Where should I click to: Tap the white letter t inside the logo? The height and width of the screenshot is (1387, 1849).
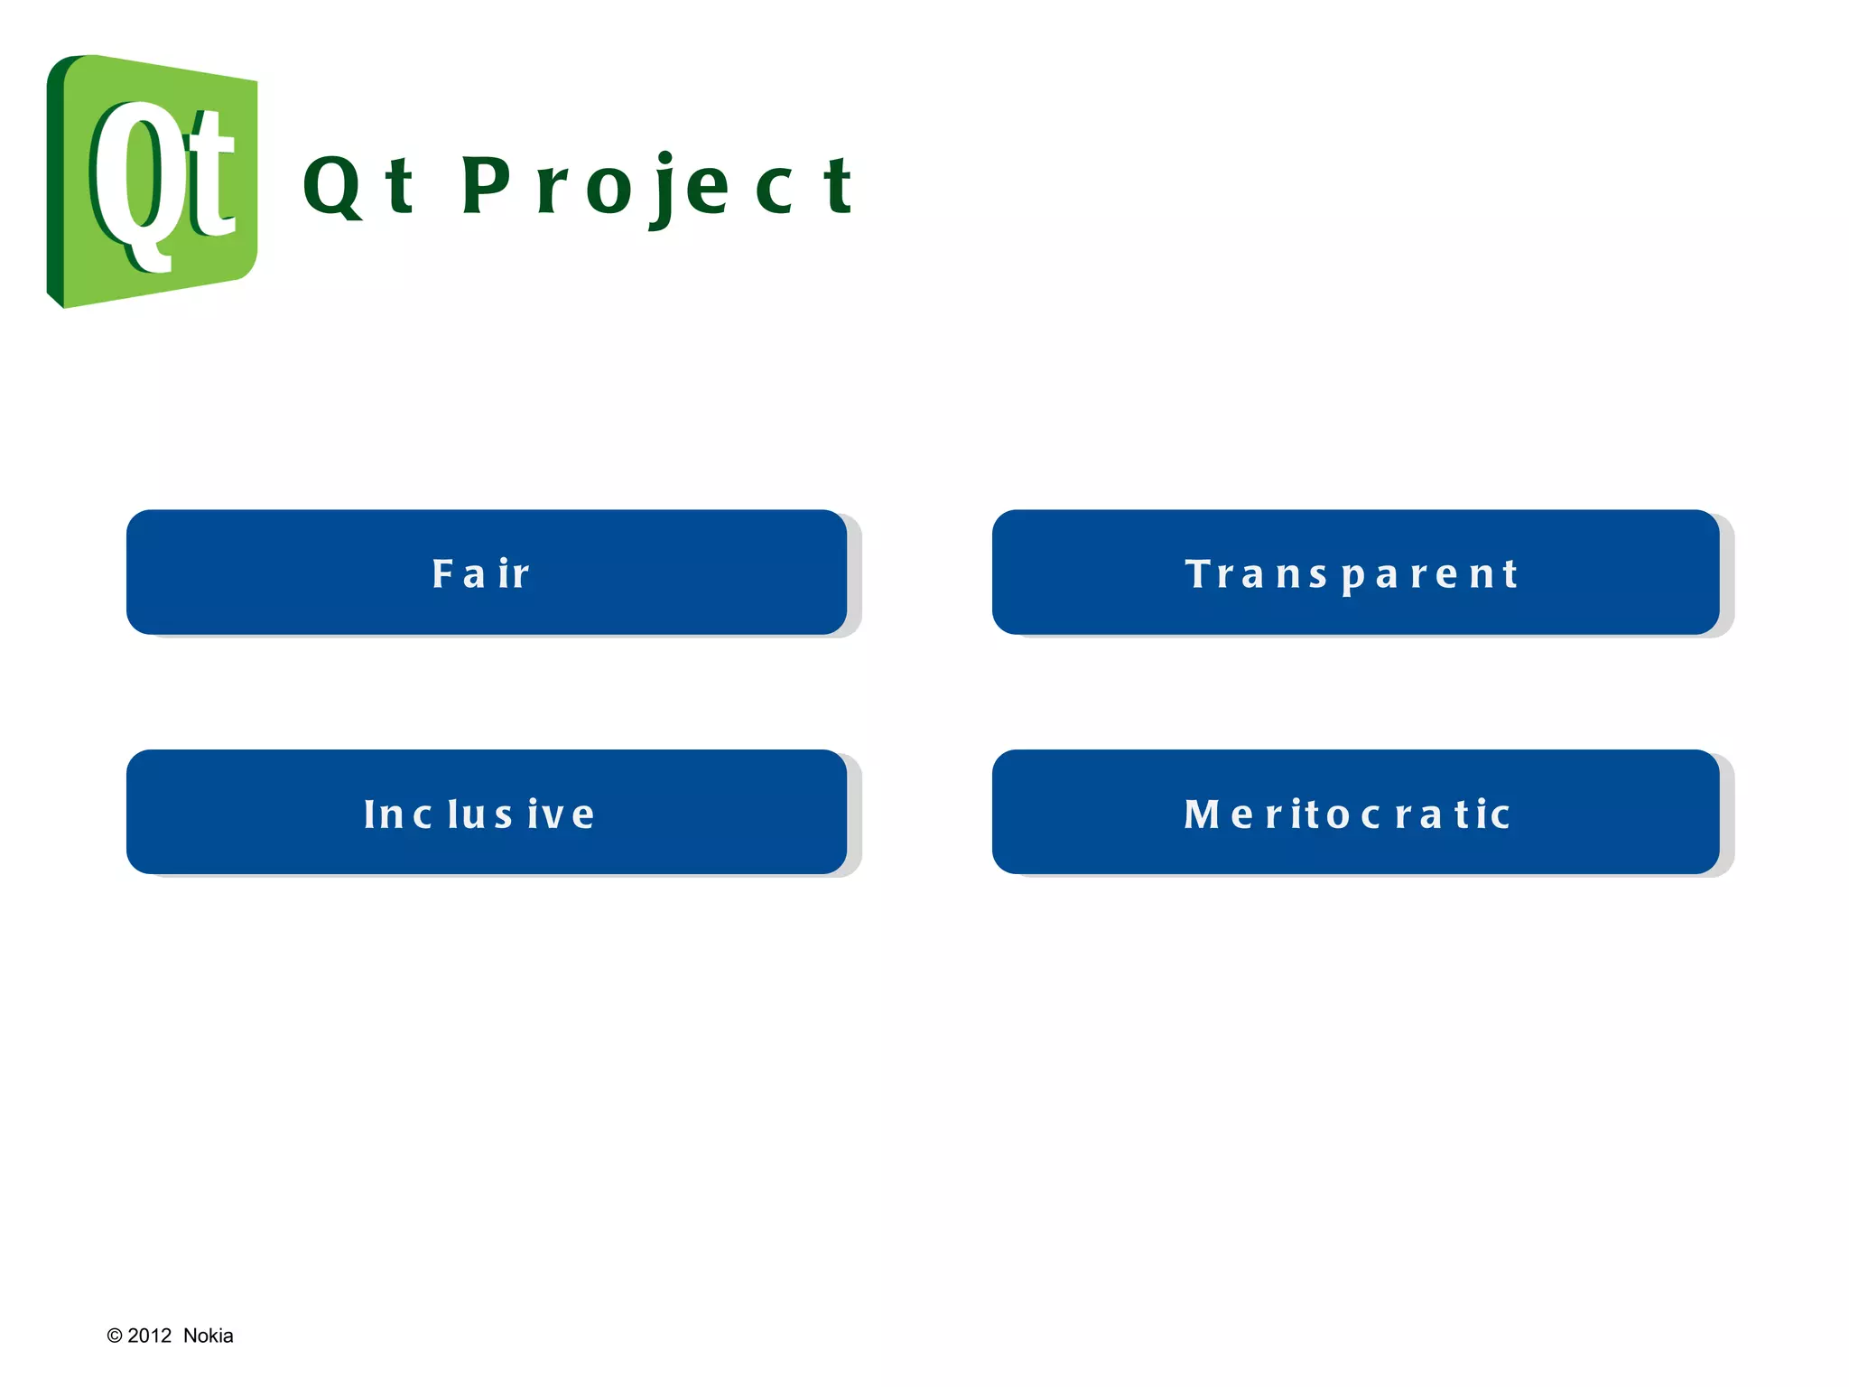[x=209, y=176]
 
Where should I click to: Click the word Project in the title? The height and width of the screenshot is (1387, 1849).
[x=657, y=187]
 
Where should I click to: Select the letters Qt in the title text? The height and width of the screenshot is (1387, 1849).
[x=359, y=187]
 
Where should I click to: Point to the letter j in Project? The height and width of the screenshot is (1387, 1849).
[x=664, y=190]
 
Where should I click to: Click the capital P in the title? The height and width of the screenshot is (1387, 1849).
[x=487, y=185]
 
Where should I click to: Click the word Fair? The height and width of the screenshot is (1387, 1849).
[x=481, y=574]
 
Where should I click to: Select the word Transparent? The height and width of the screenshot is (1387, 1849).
[x=1352, y=574]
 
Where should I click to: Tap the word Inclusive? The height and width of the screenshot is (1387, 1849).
[x=479, y=815]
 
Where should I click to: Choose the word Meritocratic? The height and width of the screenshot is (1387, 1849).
[x=1347, y=815]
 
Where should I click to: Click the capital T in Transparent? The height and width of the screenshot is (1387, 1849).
[x=1199, y=573]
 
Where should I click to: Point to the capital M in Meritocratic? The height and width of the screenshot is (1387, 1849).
[x=1202, y=815]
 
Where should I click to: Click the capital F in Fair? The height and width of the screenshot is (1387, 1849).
[x=442, y=573]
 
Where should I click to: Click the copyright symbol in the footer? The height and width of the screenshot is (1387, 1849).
[x=115, y=1336]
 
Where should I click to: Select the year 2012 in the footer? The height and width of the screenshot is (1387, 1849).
[x=150, y=1336]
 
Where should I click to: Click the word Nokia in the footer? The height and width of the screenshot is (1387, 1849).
[x=208, y=1336]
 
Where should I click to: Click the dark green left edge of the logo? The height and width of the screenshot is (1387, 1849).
[x=55, y=181]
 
